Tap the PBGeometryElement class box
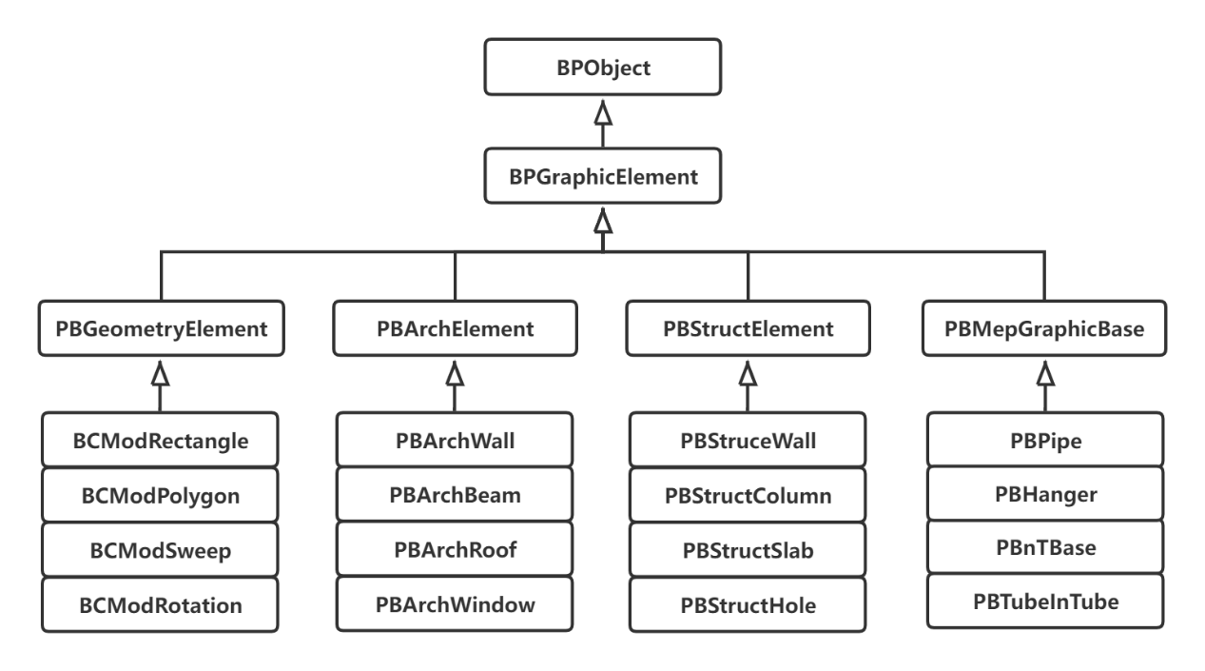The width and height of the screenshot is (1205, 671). click(x=161, y=330)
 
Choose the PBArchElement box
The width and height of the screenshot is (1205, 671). click(x=455, y=330)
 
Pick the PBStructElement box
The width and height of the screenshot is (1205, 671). click(x=748, y=330)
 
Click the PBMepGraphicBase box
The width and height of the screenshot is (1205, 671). click(x=1043, y=330)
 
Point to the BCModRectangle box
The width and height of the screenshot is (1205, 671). click(x=161, y=441)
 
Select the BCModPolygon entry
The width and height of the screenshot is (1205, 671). click(x=161, y=495)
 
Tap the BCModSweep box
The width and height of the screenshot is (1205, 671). click(x=161, y=550)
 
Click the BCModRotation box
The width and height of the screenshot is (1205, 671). click(x=161, y=604)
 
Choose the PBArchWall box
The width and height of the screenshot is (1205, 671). click(x=455, y=441)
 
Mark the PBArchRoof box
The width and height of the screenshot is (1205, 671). click(x=455, y=550)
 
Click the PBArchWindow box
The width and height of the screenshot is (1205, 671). click(x=455, y=604)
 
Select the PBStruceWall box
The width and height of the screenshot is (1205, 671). click(x=748, y=441)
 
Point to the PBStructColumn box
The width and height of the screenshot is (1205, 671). click(x=748, y=495)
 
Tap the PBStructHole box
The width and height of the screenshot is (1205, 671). click(x=748, y=604)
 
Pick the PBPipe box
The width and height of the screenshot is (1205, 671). click(x=1043, y=441)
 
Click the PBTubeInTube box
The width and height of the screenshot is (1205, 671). click(x=1043, y=601)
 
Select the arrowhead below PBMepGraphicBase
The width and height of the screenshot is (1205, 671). click(x=1043, y=376)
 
